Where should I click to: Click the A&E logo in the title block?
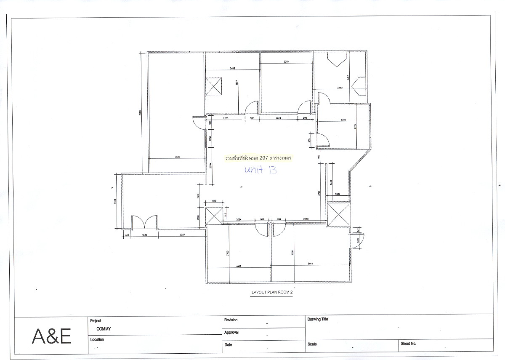pyautogui.click(x=52, y=336)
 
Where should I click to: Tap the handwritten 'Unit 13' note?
pyautogui.click(x=260, y=171)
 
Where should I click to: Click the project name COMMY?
pyautogui.click(x=104, y=329)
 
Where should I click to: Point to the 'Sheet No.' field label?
pyautogui.click(x=409, y=344)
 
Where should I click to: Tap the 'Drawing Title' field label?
pyautogui.click(x=318, y=319)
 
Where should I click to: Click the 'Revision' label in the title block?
pyautogui.click(x=231, y=320)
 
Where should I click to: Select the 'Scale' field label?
pyautogui.click(x=312, y=344)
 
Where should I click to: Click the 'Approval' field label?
pyautogui.click(x=231, y=332)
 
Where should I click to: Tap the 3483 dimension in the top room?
pyautogui.click(x=232, y=68)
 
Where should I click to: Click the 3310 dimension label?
pyautogui.click(x=286, y=62)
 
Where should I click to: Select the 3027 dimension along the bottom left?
pyautogui.click(x=182, y=235)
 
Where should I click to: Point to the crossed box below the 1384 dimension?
pyautogui.click(x=339, y=214)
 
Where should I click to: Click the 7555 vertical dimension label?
pyautogui.click(x=140, y=112)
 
